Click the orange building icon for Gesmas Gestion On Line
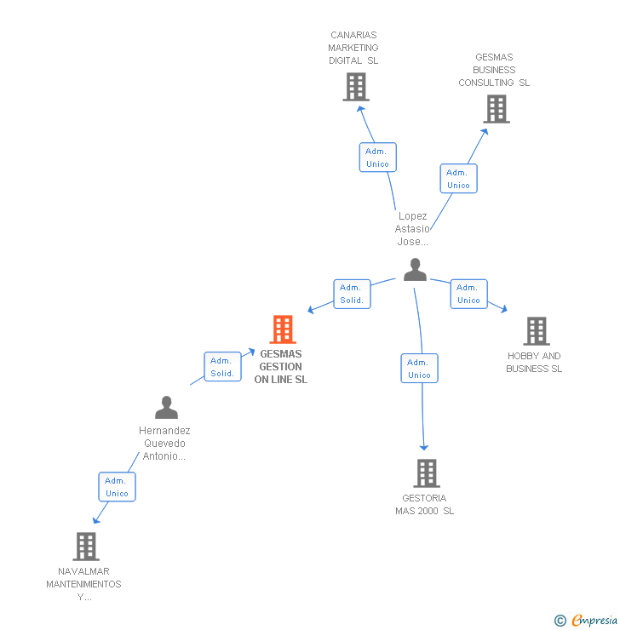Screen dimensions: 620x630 coord(282,329)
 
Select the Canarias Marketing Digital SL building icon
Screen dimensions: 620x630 coord(356,87)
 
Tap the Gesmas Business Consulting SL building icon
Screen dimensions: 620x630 coord(496,109)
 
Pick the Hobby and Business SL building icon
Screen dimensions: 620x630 coord(536,331)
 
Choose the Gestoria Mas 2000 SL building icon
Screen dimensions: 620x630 coord(426,473)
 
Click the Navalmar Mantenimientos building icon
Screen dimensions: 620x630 coord(85,547)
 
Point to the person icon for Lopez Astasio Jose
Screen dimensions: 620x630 coord(415,270)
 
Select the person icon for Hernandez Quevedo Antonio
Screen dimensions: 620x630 coord(166,407)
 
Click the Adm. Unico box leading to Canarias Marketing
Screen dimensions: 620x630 coord(377,157)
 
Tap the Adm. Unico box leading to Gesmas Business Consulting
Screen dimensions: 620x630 coord(458,179)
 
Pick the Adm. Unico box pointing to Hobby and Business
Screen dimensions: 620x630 coord(468,294)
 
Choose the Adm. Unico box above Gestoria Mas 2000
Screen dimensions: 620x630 coord(419,369)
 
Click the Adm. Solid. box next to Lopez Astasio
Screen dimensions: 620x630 coord(352,294)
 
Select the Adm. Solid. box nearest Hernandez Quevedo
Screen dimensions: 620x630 coord(222,367)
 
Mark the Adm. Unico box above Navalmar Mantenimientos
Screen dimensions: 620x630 coord(117,487)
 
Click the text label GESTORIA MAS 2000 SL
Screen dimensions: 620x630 coord(424,505)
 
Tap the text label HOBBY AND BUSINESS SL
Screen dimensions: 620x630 coord(534,363)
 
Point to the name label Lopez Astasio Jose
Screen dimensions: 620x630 coord(412,229)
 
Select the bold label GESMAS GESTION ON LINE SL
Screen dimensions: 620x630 coord(280,367)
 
